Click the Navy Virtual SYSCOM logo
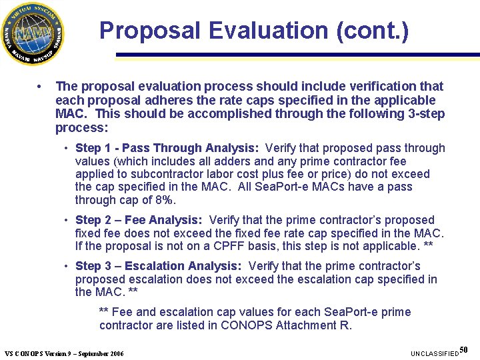point(33,33)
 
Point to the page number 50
point(464,349)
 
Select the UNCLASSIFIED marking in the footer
point(435,353)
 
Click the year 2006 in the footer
point(114,353)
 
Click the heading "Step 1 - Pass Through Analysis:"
point(167,148)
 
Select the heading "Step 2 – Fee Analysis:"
point(139,220)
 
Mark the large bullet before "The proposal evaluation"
point(40,87)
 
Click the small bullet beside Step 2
point(67,221)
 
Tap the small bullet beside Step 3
point(67,267)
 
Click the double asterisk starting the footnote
point(105,312)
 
